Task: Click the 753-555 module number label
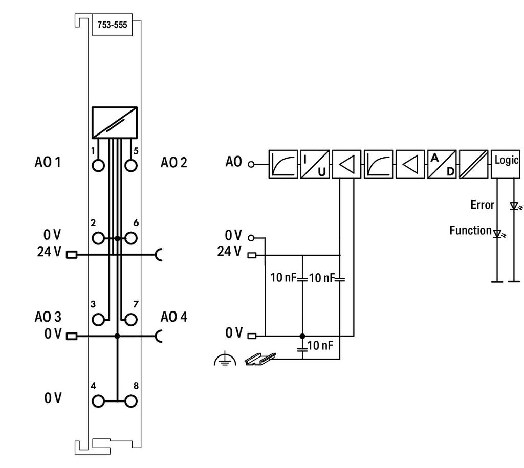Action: [112, 25]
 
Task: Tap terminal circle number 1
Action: [98, 165]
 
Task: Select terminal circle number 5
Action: [130, 165]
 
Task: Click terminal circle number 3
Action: [98, 320]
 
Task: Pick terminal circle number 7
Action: [130, 320]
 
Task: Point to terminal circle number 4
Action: [98, 401]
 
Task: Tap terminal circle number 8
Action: [130, 401]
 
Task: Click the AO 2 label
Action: [174, 163]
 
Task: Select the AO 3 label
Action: [48, 317]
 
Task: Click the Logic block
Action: [505, 164]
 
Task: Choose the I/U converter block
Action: [315, 164]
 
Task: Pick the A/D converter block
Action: [442, 164]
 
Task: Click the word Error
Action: [482, 205]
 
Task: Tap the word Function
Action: [471, 231]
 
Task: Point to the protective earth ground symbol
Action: [225, 359]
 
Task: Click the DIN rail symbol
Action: [260, 359]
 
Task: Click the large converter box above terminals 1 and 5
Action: [115, 123]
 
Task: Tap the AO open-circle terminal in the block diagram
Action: [251, 164]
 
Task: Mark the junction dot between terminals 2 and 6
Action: [117, 238]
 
